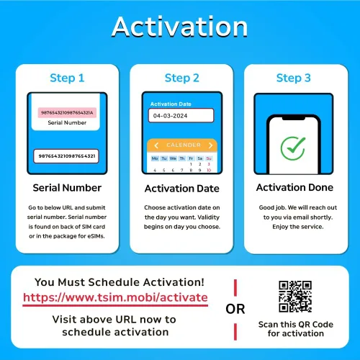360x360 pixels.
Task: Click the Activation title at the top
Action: pos(180,27)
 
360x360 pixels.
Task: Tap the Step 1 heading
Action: pos(67,78)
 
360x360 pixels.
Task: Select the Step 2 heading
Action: pos(182,78)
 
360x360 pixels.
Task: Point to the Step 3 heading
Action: pos(294,78)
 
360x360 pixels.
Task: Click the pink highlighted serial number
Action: pos(67,112)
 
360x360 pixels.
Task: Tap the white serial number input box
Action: pos(66,156)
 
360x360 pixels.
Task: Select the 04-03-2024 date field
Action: pos(181,115)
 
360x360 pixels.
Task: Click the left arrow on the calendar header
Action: pos(156,145)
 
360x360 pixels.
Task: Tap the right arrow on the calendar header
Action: pos(210,145)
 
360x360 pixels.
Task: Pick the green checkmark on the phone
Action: pos(293,148)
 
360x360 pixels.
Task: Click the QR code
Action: pos(295,297)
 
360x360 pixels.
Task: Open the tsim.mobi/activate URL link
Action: pos(115,297)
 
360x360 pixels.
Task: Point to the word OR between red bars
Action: pos(235,309)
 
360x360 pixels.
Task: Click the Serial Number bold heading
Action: pos(67,188)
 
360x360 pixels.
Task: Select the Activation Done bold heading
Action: pos(294,187)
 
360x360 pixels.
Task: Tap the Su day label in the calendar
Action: pos(209,158)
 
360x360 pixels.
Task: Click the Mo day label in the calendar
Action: pos(155,158)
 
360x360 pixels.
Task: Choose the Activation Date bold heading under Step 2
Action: pos(182,189)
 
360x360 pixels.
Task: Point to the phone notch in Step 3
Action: pos(294,118)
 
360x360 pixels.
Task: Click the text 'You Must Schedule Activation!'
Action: pos(120,282)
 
